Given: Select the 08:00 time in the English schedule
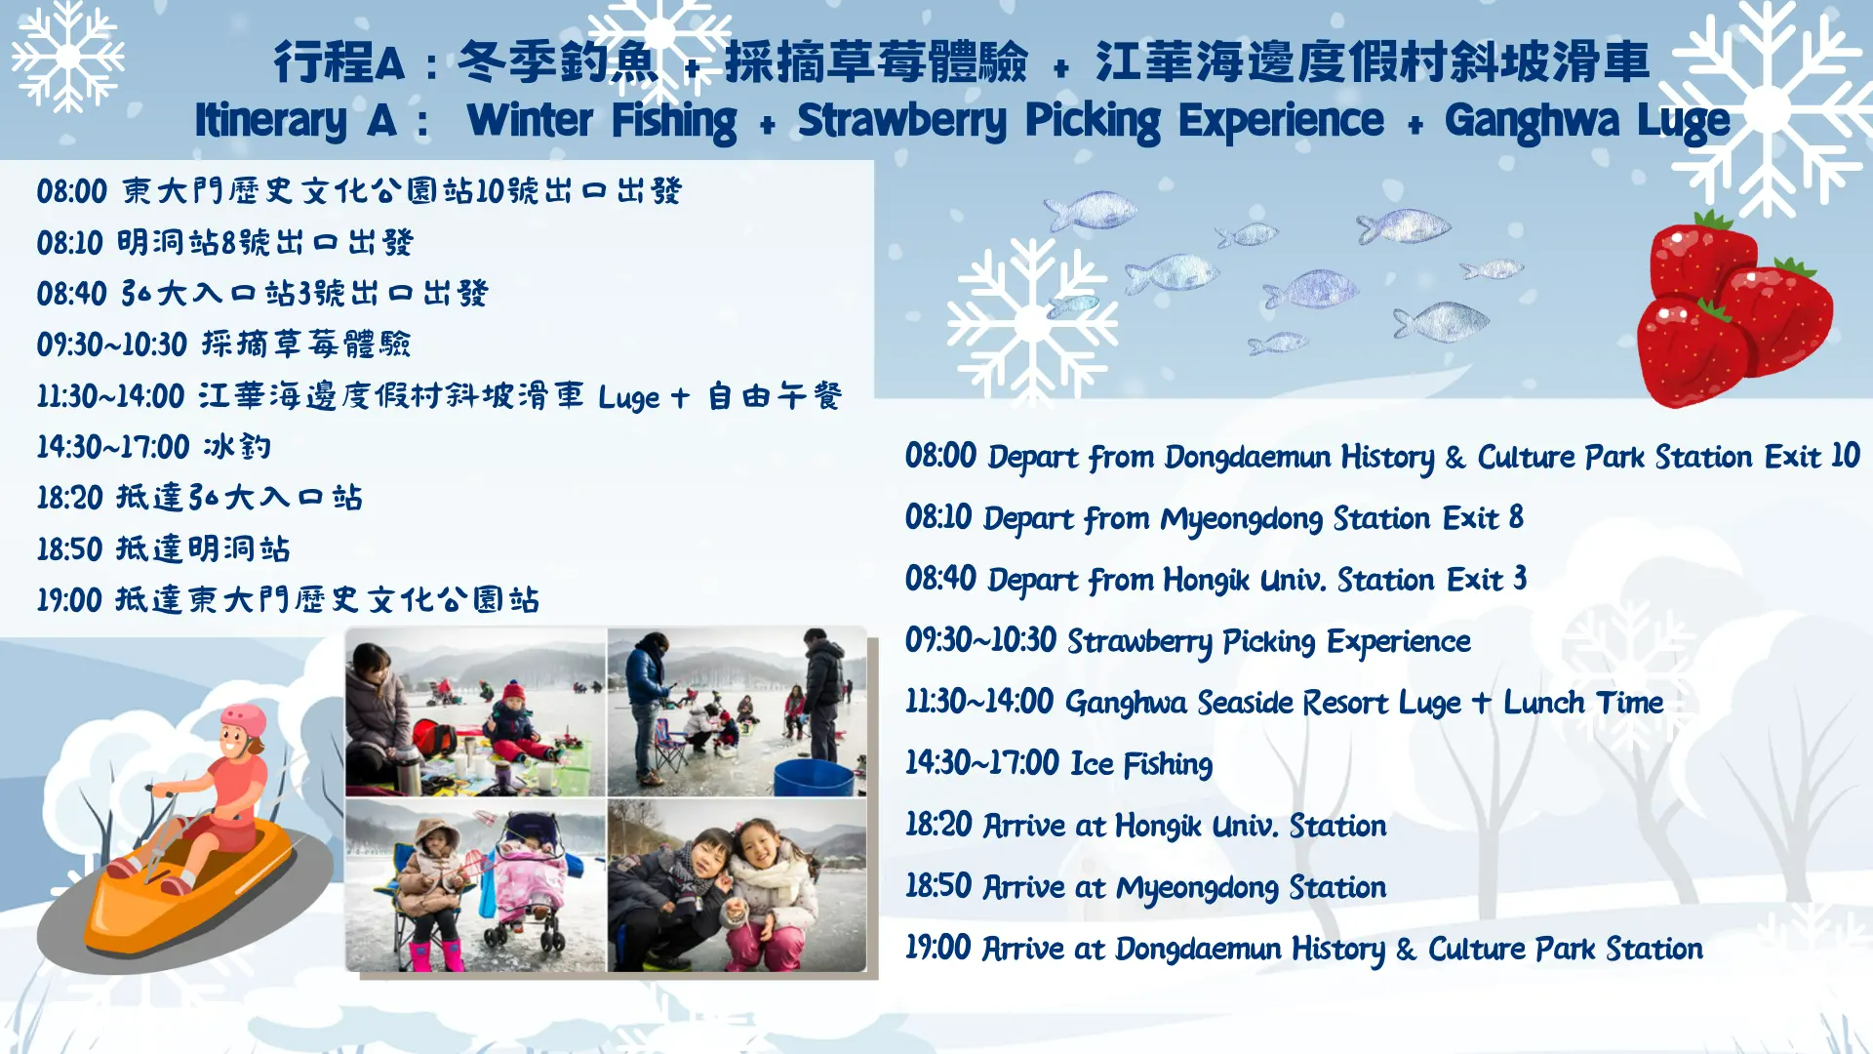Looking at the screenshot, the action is (x=940, y=456).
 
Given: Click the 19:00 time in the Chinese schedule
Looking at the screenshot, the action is (x=69, y=599).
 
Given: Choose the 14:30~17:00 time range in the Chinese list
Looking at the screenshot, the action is (x=113, y=447).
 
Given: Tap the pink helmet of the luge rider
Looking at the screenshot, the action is (x=244, y=722).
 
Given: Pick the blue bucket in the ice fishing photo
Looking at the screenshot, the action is (x=814, y=778).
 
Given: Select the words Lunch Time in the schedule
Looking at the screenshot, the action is (x=1583, y=703).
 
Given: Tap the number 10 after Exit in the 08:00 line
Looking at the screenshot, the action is (x=1845, y=456).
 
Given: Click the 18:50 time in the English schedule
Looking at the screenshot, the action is (x=938, y=886).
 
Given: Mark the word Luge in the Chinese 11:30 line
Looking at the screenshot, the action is (x=629, y=397).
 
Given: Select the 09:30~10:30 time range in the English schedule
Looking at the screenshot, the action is (x=980, y=640).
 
